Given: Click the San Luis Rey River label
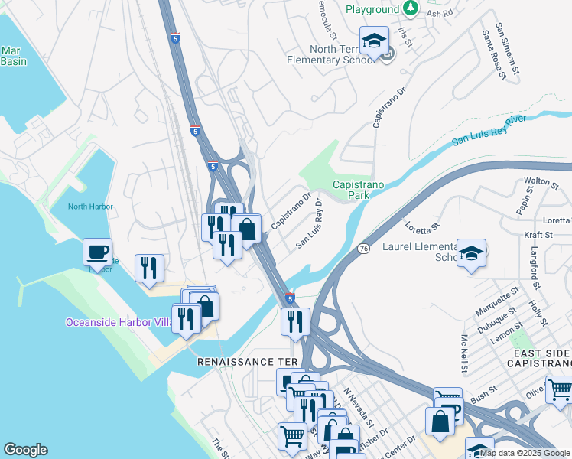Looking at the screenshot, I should coord(489,130).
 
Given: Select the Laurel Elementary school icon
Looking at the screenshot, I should coord(472,255).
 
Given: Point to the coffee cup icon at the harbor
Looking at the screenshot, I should coord(98,252).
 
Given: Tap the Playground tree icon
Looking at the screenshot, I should coord(411,8).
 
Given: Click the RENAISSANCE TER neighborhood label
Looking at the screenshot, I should coord(246,361).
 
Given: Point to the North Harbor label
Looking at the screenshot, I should coord(89,207).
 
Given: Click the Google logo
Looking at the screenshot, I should coord(25,450).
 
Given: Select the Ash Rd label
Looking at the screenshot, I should coord(440,14).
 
